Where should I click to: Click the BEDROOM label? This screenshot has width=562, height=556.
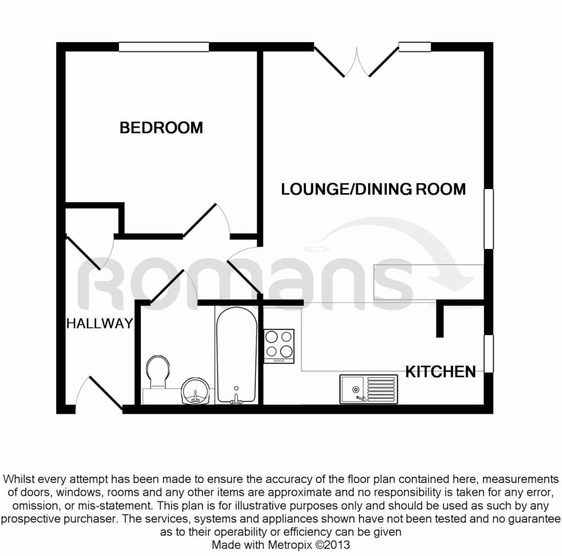pos(161,128)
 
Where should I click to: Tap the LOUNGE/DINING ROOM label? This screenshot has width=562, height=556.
pos(373,189)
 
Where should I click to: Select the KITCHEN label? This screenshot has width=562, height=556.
pos(441,372)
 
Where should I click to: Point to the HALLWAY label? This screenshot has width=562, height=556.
pos(100,324)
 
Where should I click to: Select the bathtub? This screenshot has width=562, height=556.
pos(237,355)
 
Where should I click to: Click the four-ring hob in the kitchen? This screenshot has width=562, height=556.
pos(279,346)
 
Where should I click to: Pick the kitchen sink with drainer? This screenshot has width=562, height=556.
pos(369,389)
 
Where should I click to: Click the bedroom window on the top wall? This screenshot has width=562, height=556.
pos(164,47)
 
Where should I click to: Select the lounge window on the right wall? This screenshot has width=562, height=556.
pos(488,219)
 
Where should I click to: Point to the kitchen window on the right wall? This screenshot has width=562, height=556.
pos(488,354)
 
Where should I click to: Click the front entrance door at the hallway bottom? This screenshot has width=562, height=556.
pos(99,393)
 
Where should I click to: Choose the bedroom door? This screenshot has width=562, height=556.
pos(206,220)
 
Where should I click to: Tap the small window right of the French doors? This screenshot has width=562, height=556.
pos(415,47)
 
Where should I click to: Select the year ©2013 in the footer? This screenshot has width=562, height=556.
pos(332,545)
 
